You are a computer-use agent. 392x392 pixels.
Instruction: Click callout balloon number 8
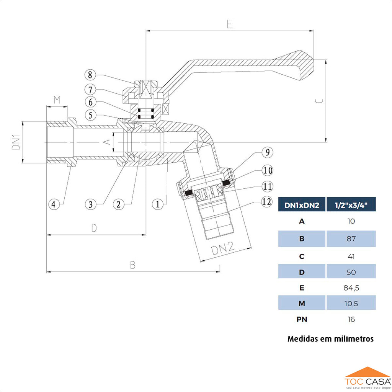pos(90,75)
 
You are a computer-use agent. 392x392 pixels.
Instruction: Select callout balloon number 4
pos(54,204)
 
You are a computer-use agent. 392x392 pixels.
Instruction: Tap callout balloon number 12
pos(267,201)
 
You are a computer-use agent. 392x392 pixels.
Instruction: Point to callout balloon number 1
pos(157,204)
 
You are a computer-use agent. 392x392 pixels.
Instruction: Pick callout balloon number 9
pos(267,153)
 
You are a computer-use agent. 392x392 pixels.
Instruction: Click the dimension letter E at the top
pos(230,24)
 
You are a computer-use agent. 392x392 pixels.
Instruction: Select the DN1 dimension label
pos(16,142)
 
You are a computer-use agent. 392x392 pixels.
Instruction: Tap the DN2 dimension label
pos(222,249)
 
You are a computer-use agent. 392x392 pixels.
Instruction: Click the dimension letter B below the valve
pos(133,265)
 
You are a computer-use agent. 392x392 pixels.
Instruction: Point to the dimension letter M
pos(57,100)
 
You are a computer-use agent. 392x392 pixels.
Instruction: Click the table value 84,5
pos(351,287)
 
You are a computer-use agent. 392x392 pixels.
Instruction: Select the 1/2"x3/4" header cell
pos(351,205)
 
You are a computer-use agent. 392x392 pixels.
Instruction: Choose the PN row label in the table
pos(302,319)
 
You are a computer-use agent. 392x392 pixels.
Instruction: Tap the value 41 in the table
pos(351,256)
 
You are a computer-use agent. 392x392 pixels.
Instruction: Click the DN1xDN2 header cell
pos(302,205)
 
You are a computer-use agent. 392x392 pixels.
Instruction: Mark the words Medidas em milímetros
pos(330,339)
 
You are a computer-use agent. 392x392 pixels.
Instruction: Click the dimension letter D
pos(94,228)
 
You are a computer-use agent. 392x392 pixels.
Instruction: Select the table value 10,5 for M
pos(351,304)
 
